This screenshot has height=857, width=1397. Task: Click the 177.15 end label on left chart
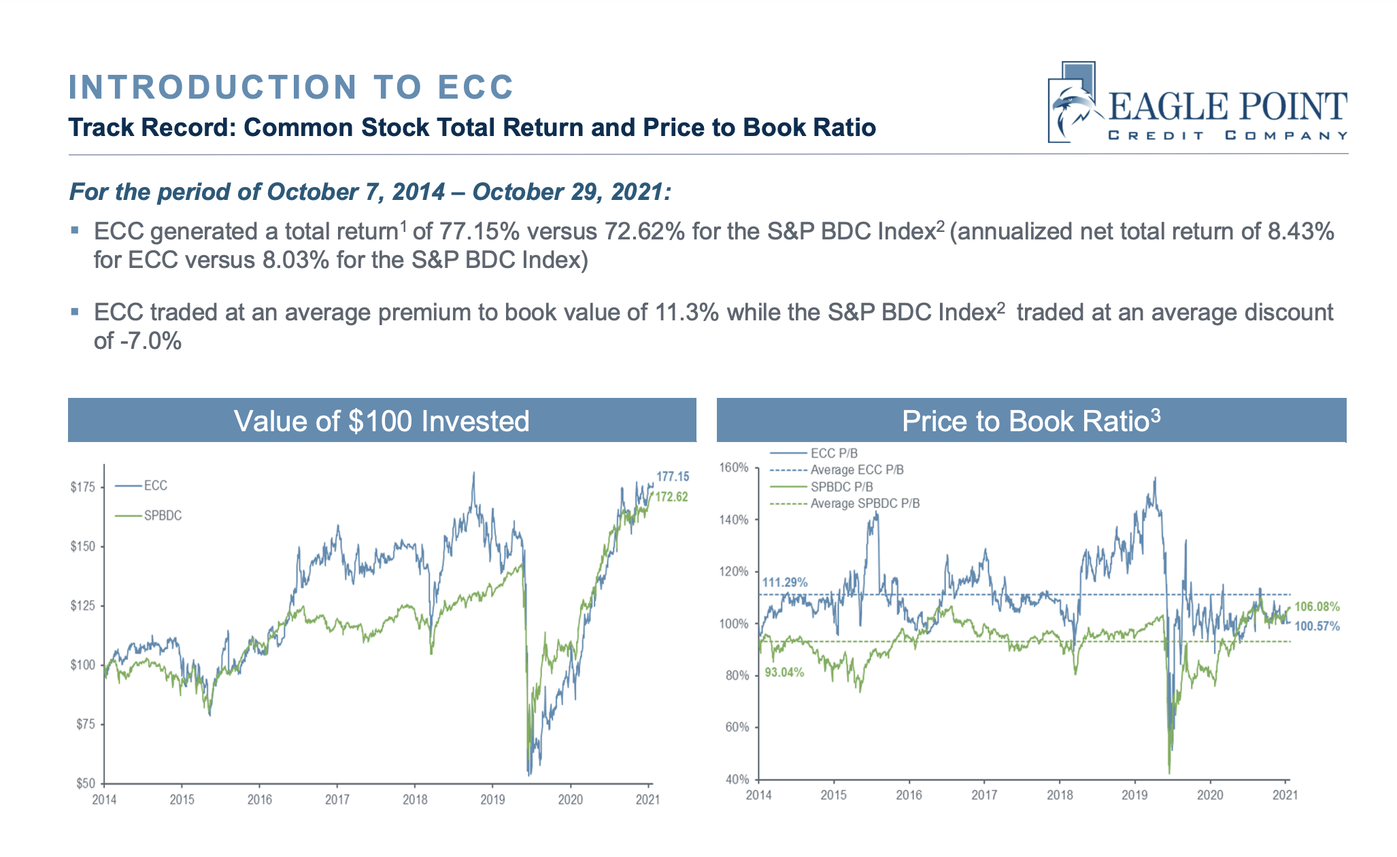[x=672, y=477]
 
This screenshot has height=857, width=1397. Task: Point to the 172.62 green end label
[x=671, y=497]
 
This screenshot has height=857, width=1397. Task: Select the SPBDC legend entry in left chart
[x=163, y=516]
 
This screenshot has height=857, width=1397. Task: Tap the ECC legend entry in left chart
[x=155, y=486]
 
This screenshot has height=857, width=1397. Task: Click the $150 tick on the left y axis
[x=82, y=547]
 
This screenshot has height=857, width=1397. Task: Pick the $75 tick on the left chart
[x=85, y=724]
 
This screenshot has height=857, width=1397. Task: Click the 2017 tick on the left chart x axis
[x=337, y=800]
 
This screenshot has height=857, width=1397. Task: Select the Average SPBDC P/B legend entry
[x=864, y=504]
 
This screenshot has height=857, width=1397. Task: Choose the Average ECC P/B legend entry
[x=856, y=470]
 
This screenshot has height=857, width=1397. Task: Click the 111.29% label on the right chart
[x=784, y=583]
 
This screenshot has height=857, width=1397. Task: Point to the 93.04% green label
[x=784, y=673]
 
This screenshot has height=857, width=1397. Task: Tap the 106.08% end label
[x=1317, y=607]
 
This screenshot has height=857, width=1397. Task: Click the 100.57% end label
[x=1317, y=626]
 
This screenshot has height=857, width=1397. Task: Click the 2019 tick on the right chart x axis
[x=1134, y=795]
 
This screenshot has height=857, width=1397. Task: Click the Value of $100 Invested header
[x=382, y=421]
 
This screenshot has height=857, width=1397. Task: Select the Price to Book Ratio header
[x=1030, y=421]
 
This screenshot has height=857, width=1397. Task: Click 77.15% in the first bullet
[x=479, y=232]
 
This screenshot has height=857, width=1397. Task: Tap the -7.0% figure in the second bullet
[x=150, y=341]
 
